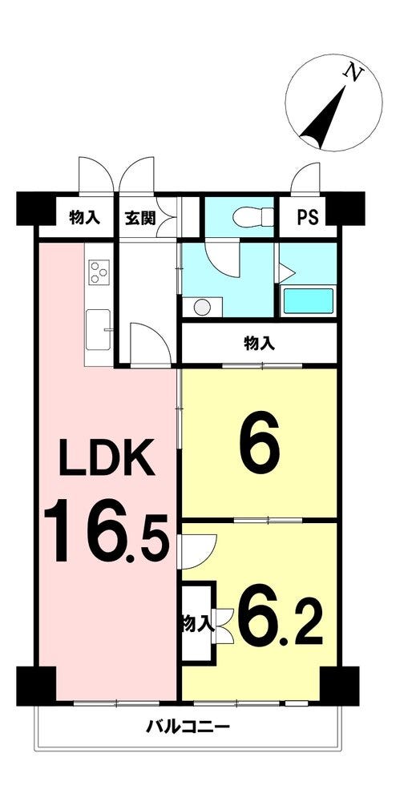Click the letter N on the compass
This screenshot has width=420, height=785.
[353, 73]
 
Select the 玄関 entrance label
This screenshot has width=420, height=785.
[139, 218]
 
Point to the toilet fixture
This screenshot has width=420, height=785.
[253, 217]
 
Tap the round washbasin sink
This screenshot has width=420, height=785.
[203, 307]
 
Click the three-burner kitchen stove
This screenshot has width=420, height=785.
[99, 272]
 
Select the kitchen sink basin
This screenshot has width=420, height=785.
[98, 329]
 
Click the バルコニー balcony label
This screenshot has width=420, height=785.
[188, 727]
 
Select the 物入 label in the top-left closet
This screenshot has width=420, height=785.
[84, 218]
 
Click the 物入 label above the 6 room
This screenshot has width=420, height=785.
[259, 343]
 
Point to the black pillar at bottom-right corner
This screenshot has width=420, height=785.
[339, 686]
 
